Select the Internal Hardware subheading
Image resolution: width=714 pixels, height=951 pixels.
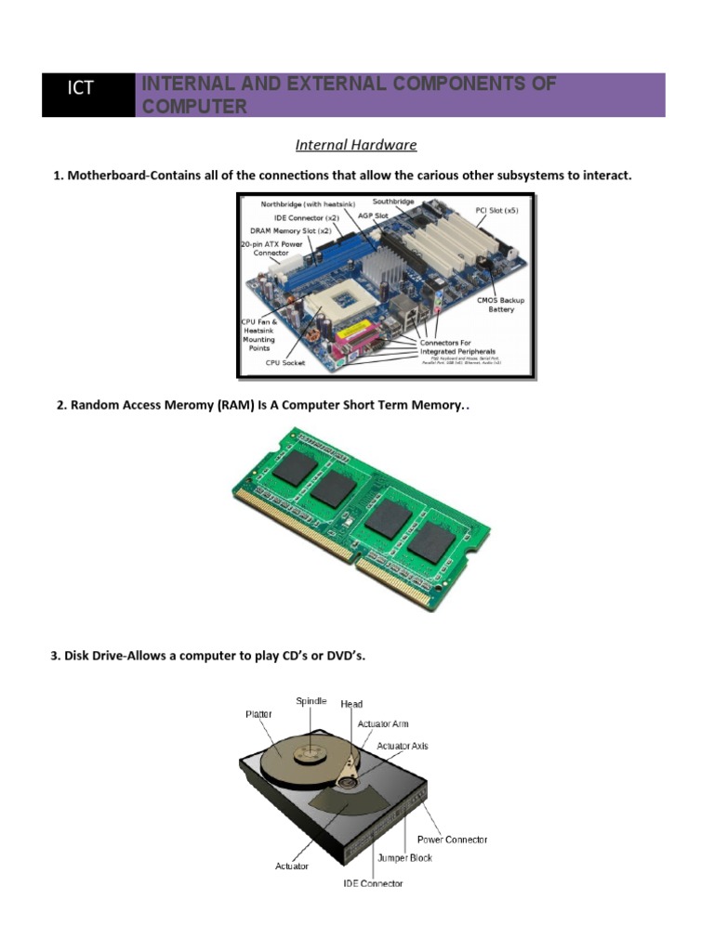[356, 145]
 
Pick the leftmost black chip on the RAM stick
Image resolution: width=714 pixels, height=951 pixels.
[293, 470]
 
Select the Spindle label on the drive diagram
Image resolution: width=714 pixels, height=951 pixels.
[311, 700]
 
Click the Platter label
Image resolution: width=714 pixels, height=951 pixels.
[260, 714]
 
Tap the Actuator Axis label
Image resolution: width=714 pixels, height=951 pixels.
[403, 746]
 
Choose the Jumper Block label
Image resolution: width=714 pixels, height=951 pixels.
[404, 858]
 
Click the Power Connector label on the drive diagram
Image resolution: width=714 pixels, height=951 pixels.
[452, 840]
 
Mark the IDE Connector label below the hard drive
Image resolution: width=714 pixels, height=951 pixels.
[373, 883]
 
